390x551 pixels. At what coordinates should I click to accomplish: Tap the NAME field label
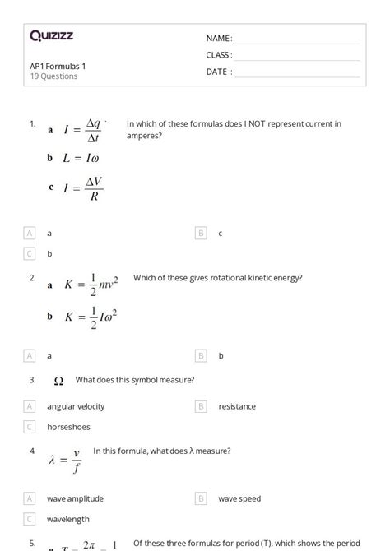pos(218,38)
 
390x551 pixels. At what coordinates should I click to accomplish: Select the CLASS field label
pos(218,55)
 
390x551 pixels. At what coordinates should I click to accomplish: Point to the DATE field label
pos(218,72)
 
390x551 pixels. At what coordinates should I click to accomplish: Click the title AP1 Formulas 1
pos(57,66)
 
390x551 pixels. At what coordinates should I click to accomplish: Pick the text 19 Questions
pos(53,76)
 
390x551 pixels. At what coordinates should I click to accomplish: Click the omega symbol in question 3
pos(58,382)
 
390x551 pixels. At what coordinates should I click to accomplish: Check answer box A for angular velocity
pos(30,406)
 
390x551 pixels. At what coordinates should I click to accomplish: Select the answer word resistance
pos(237,406)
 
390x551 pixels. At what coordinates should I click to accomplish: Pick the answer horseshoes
pos(68,427)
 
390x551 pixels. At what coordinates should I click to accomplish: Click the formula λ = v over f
pos(65,461)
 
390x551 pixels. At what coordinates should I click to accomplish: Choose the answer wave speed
pos(239,498)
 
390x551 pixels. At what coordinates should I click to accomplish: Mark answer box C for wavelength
pos(30,519)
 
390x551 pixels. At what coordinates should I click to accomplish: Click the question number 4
pos(32,451)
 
